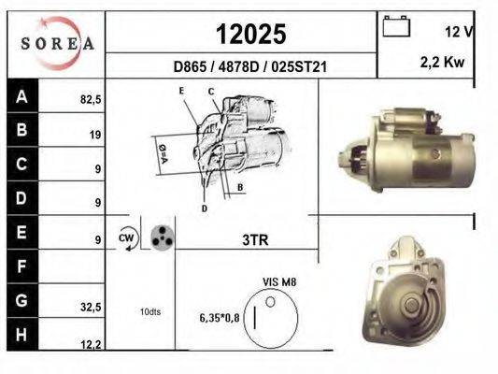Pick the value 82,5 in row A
tap(90, 96)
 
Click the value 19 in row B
tap(95, 134)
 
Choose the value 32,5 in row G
tap(90, 306)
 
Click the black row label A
tap(21, 95)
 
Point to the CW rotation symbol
tap(127, 238)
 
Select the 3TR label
tap(254, 240)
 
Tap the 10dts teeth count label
tap(149, 311)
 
